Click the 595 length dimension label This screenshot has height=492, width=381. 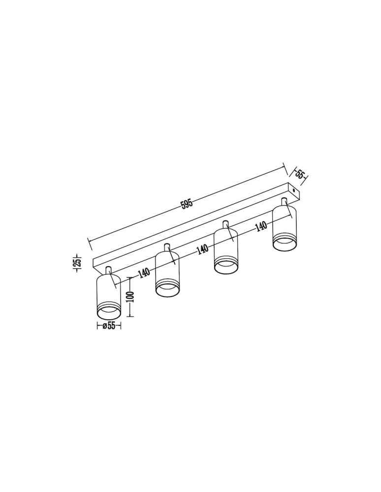[187, 204]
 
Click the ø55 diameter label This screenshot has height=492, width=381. [109, 326]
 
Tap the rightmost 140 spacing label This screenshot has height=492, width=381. [261, 226]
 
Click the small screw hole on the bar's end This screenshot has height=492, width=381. [293, 190]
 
